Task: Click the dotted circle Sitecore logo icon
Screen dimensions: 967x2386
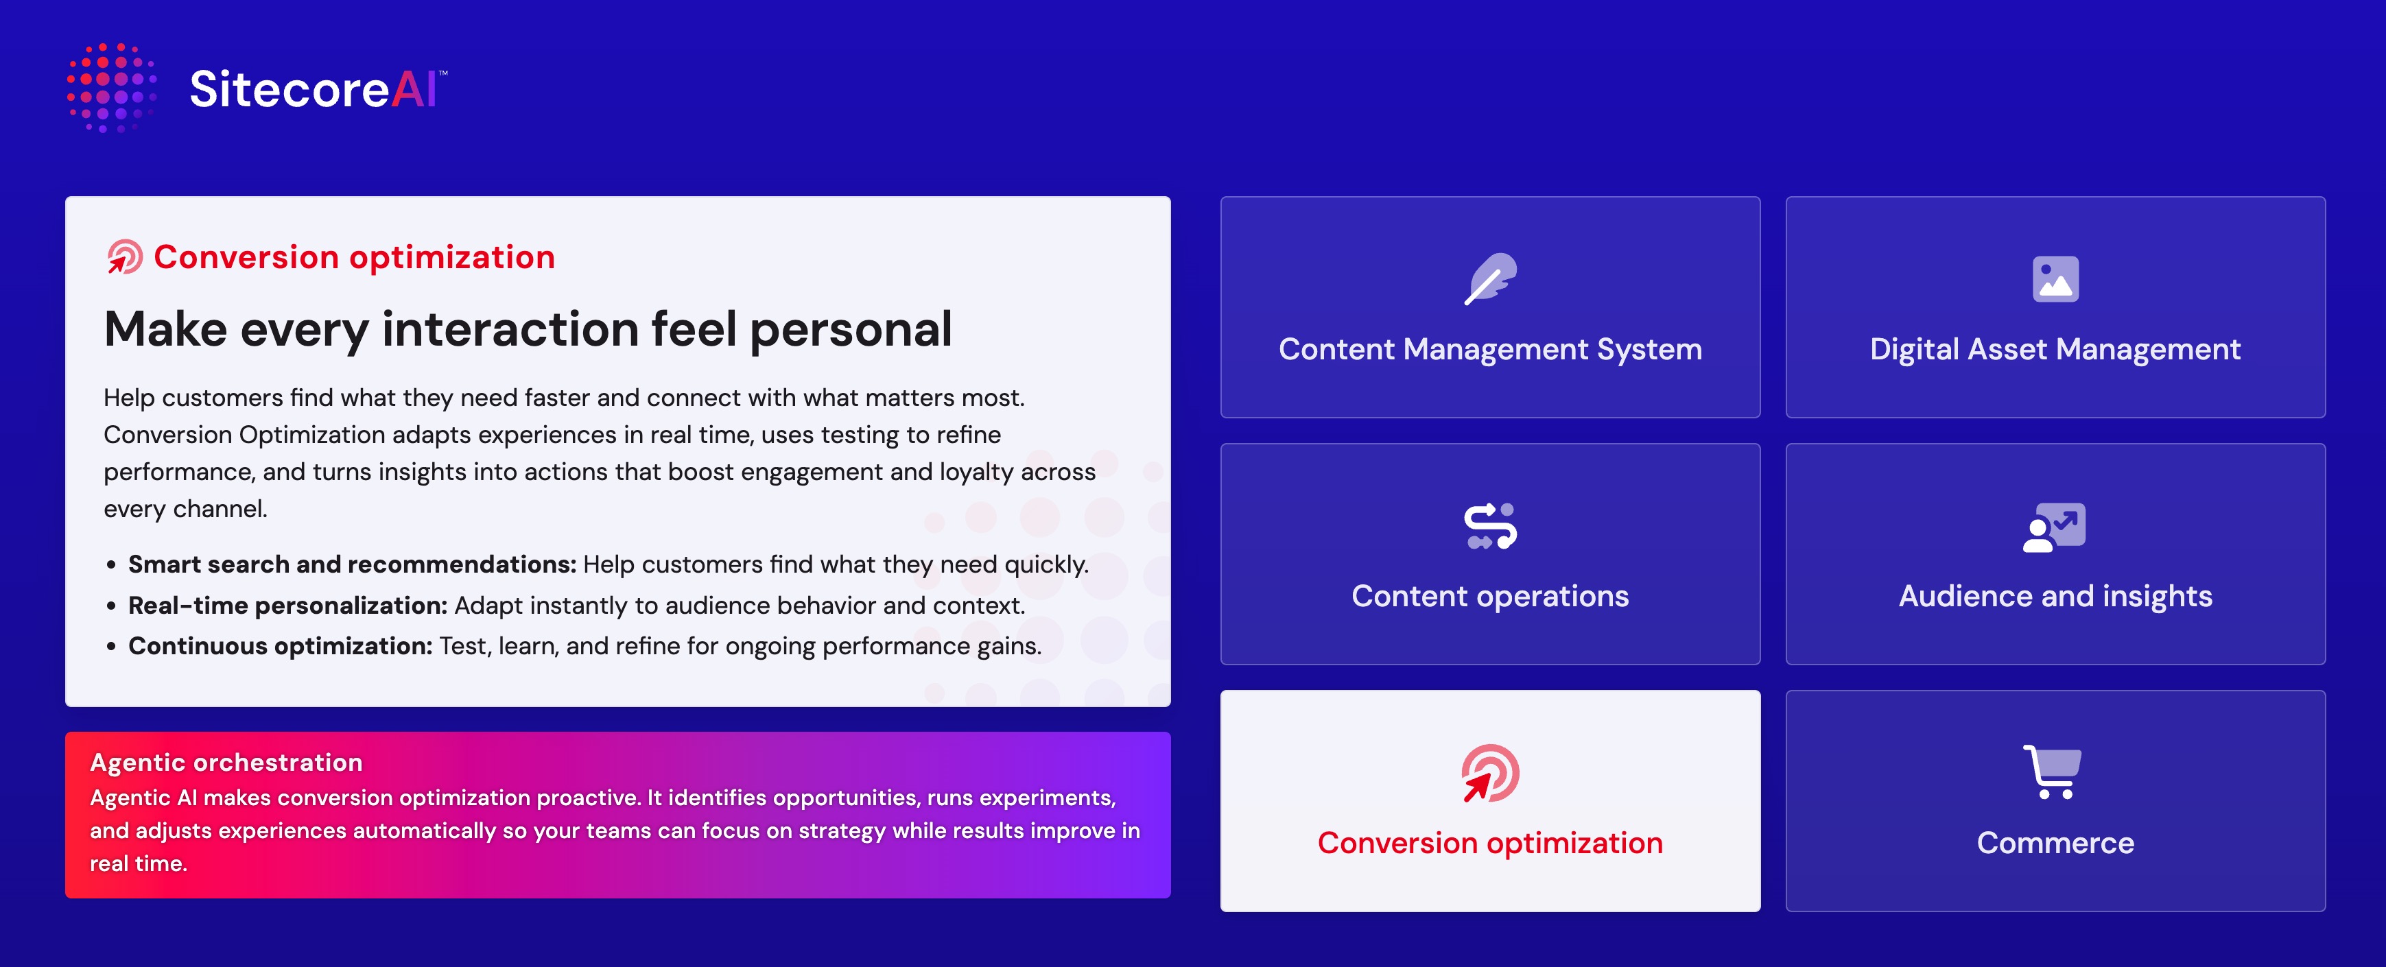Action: point(111,88)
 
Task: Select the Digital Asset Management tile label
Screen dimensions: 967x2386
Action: point(2055,349)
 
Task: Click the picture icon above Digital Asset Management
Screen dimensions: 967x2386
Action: point(2055,279)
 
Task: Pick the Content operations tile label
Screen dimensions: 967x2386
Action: point(1489,597)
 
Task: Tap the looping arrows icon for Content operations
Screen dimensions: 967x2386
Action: point(1489,526)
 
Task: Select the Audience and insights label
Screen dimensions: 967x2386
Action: point(2055,597)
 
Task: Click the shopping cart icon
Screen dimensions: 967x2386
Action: point(2053,772)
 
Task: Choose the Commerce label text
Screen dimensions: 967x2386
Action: point(2055,843)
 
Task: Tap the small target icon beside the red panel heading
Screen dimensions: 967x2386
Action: point(124,256)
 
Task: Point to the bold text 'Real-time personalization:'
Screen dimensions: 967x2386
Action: point(287,606)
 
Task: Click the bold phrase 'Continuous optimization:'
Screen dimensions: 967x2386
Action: point(280,647)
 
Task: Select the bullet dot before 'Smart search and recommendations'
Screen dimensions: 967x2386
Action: point(111,565)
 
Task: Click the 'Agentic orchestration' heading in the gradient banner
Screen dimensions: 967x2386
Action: point(226,763)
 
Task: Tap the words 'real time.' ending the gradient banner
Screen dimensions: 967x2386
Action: point(138,863)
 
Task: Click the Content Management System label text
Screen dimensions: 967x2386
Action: point(1489,349)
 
